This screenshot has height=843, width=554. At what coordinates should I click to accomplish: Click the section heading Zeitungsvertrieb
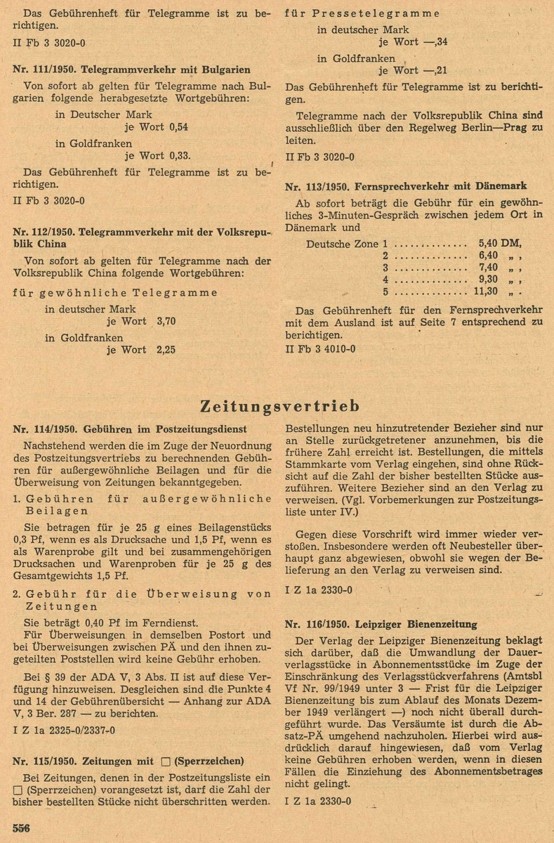tap(280, 407)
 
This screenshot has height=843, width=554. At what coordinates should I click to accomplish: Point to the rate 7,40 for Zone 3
tap(488, 268)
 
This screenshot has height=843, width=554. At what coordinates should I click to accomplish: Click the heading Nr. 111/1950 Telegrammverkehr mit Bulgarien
tap(131, 70)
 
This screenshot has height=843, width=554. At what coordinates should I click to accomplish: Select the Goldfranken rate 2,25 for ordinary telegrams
tap(165, 349)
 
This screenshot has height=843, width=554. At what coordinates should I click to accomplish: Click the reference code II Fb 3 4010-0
tap(320, 348)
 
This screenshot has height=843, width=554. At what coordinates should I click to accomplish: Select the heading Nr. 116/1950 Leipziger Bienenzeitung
tap(382, 624)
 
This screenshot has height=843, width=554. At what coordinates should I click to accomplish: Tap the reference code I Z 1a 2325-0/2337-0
tap(64, 730)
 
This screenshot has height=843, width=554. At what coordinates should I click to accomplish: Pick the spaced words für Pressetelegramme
tap(362, 13)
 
